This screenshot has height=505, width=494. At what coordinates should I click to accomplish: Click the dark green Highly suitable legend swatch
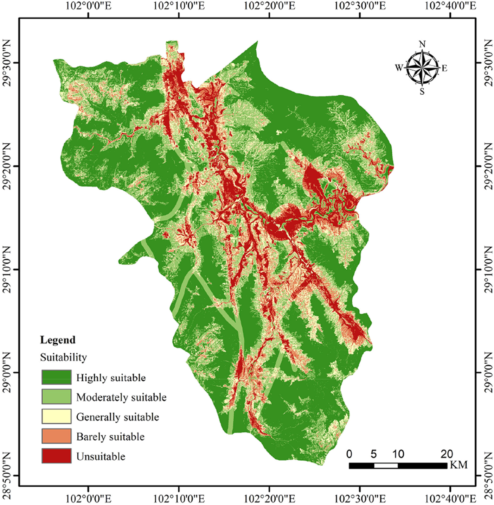(56, 377)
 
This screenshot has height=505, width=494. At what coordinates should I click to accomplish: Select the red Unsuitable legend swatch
(56, 456)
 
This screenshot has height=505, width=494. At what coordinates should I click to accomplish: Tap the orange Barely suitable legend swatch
(56, 436)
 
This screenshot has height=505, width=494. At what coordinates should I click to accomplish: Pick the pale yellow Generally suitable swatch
(56, 416)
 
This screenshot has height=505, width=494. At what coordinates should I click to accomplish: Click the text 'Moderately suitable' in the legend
(121, 397)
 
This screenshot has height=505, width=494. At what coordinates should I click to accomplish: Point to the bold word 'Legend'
(58, 340)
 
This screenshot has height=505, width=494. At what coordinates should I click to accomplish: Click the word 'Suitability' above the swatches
(63, 357)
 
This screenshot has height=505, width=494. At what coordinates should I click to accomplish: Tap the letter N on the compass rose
(422, 44)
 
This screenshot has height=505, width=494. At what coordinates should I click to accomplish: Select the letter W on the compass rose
(399, 68)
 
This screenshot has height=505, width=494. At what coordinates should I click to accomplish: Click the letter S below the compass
(422, 92)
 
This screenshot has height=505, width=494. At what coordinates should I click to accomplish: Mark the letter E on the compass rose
(444, 68)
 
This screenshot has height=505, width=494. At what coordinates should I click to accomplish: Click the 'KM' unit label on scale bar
(458, 465)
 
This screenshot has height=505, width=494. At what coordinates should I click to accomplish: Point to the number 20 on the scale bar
(447, 454)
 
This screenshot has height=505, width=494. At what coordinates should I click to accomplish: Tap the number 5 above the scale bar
(373, 454)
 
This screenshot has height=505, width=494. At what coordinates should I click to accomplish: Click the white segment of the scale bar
(386, 466)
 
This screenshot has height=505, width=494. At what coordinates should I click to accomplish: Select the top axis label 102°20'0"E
(269, 6)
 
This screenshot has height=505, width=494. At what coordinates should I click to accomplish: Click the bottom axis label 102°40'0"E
(450, 499)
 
